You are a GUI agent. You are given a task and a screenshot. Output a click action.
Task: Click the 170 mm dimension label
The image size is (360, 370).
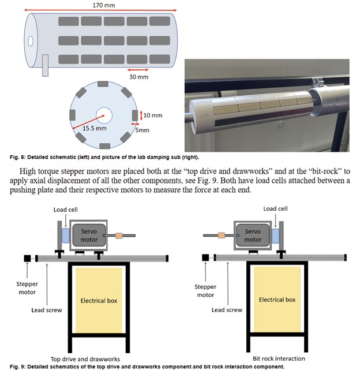point(102,5)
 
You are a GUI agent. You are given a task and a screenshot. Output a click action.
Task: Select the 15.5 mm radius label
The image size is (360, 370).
point(93,128)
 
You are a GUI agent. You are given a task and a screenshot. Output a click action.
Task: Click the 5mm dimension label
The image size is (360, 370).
point(142,130)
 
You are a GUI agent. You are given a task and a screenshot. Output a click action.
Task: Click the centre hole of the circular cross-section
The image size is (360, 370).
point(105,114)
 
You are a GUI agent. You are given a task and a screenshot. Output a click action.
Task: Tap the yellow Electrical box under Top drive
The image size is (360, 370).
point(96,300)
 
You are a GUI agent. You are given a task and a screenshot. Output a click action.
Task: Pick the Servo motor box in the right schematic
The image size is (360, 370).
point(253,235)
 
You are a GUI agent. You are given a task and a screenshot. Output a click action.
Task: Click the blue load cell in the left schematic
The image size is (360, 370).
point(65,235)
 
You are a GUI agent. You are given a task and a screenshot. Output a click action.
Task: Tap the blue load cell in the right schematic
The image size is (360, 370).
point(276,235)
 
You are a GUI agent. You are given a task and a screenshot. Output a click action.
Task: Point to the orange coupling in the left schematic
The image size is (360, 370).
point(119,235)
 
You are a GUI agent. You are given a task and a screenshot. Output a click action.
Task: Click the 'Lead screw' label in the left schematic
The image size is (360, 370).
point(47,310)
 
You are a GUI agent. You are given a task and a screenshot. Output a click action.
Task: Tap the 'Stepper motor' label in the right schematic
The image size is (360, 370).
point(206,290)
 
